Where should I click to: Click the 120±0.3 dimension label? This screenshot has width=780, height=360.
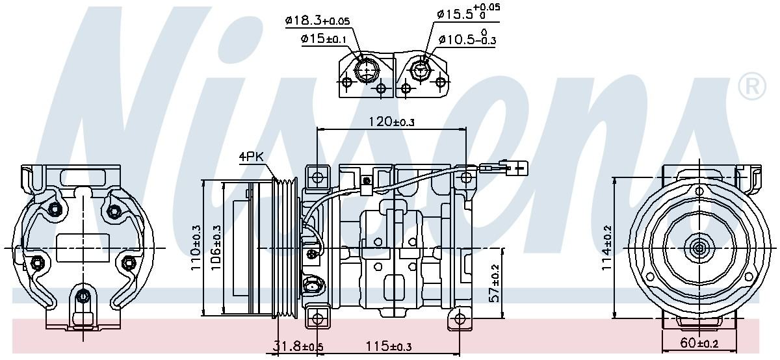tap(390, 122)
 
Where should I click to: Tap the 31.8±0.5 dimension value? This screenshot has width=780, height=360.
tap(297, 347)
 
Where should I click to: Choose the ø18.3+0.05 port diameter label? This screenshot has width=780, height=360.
tap(317, 21)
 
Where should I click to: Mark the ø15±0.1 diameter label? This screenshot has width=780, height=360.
tap(324, 39)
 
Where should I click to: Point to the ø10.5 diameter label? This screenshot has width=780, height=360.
tap(467, 40)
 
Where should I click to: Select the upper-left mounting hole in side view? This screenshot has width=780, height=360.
tap(317, 177)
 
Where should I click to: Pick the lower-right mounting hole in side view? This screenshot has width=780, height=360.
tap(460, 318)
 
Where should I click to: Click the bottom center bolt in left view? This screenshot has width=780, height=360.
tap(82, 297)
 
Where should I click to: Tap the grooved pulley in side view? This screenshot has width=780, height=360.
tap(285, 249)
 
